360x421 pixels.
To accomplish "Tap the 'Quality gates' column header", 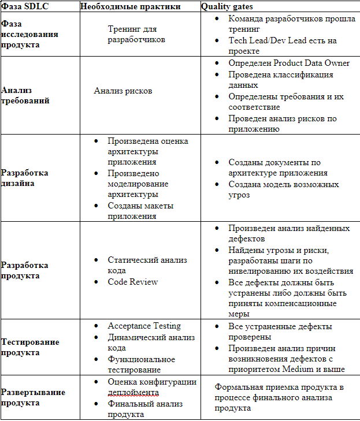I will pyautogui.click(x=227, y=6).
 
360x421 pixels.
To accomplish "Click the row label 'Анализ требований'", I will pyautogui.click(x=25, y=95).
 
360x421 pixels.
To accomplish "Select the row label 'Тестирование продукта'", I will pyautogui.click(x=29, y=348).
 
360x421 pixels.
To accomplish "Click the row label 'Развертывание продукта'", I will pyautogui.click(x=32, y=397).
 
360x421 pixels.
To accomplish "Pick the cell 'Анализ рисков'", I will pyautogui.click(x=123, y=91).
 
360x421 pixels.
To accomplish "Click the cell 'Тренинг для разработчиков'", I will pyautogui.click(x=136, y=34).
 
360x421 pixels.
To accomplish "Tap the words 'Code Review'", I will pyautogui.click(x=133, y=282).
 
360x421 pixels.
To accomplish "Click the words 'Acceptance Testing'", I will pyautogui.click(x=144, y=326).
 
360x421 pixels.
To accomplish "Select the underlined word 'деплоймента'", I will pyautogui.click(x=133, y=393).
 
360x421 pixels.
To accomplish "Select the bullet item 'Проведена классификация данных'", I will pyautogui.click(x=280, y=80).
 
